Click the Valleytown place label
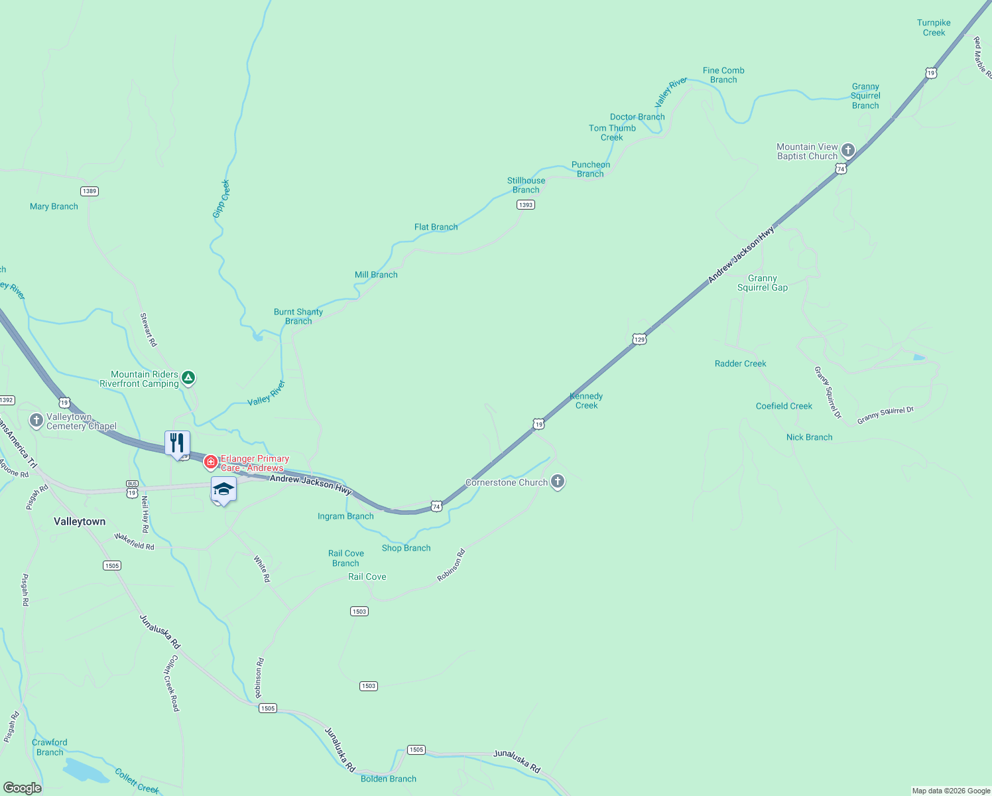[x=80, y=521]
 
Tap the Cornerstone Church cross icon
[x=558, y=482]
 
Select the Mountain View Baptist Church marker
[x=847, y=151]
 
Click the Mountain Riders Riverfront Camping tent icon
[x=188, y=378]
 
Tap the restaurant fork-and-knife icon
[x=177, y=442]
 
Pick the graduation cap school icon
[x=223, y=490]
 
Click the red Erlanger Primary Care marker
[x=211, y=462]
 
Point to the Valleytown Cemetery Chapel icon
[x=36, y=421]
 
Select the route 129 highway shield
[x=639, y=339]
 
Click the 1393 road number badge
[x=526, y=205]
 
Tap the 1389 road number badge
[x=90, y=191]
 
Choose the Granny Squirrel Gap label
[x=763, y=283]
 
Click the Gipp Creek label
[x=221, y=199]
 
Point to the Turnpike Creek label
[x=934, y=28]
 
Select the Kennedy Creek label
[x=586, y=401]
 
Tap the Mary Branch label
[x=54, y=206]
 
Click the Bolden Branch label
[x=389, y=779]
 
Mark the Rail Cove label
[x=367, y=576]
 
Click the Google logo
[x=22, y=788]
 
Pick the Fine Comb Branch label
[x=723, y=75]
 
